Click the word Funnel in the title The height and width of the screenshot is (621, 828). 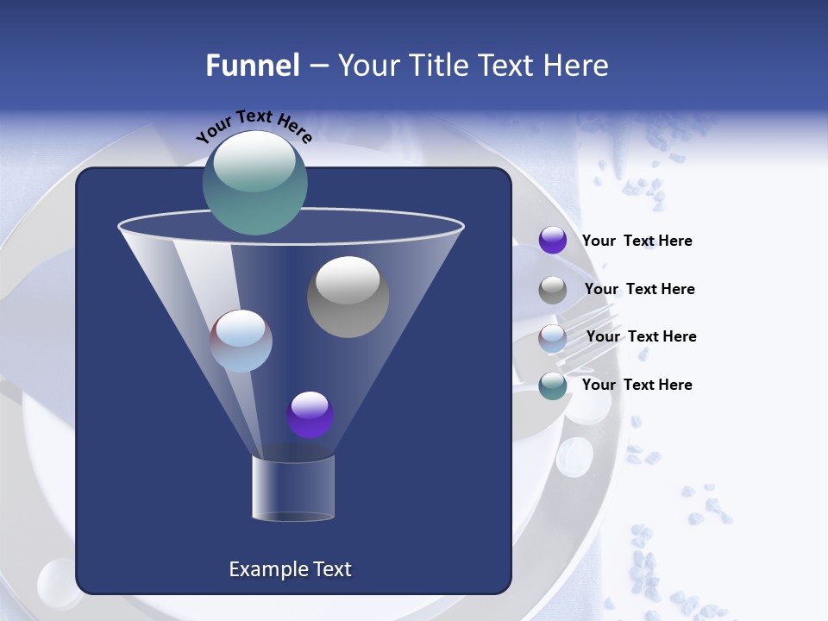pos(253,66)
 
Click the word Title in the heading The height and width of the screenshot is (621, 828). pos(436,66)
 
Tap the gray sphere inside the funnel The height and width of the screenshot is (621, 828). pos(348,297)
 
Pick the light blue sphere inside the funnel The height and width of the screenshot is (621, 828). pos(241,341)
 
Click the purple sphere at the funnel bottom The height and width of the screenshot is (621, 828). pos(310,415)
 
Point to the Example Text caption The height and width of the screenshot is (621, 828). pos(291,569)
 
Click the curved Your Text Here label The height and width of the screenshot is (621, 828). pos(254,124)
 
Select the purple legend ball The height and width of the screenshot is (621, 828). pos(553,240)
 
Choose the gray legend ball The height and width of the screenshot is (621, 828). pos(553,290)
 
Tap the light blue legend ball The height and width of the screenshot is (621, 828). pos(553,338)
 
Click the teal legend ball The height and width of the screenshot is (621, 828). pos(553,386)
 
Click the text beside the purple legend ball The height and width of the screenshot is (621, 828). pos(637,241)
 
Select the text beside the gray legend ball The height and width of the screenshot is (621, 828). pos(639,289)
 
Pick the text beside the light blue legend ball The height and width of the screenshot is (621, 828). pos(641,336)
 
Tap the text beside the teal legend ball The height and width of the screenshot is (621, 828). pos(637,385)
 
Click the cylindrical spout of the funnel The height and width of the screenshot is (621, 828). pos(293,488)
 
